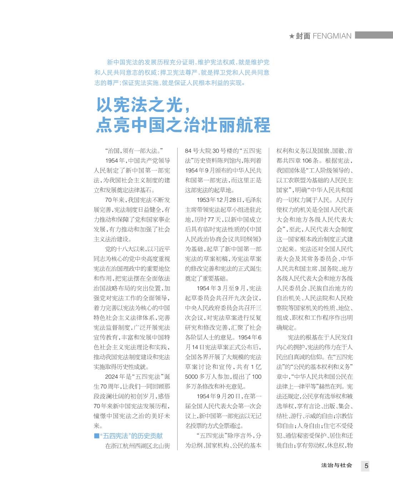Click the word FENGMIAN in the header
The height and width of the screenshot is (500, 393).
(332, 36)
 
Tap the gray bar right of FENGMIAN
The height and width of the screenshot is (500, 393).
(374, 35)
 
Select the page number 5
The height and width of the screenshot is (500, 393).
(366, 466)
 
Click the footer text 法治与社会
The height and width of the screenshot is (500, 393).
(337, 465)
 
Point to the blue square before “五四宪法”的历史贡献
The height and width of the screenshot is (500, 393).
(96, 436)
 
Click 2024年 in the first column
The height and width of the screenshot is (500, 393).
(114, 377)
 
